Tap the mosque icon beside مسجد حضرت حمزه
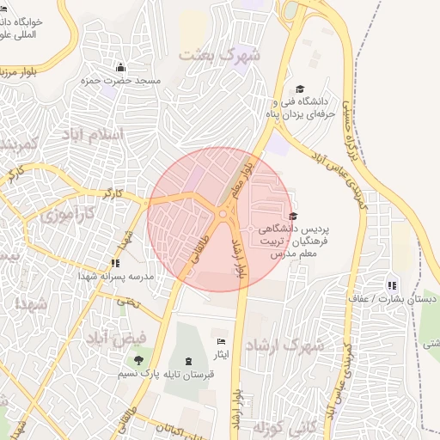pyautogui.click(x=120, y=68)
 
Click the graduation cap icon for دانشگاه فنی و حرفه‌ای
pyautogui.click(x=300, y=89)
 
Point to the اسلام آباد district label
pyautogui.click(x=93, y=134)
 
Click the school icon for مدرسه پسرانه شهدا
pyautogui.click(x=114, y=264)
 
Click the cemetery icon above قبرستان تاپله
pyautogui.click(x=189, y=361)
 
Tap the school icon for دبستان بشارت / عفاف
pyautogui.click(x=392, y=285)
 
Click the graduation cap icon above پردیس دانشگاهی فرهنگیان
pyautogui.click(x=293, y=217)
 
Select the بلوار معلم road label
pyautogui.click(x=250, y=164)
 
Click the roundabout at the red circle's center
pyautogui.click(x=223, y=214)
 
